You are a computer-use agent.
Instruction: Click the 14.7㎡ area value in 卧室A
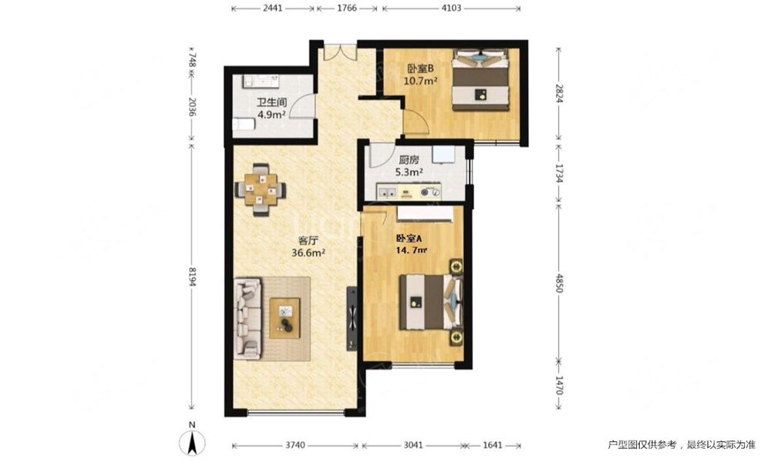412,250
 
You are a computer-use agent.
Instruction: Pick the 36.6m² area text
309,253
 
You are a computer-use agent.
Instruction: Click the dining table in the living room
260,189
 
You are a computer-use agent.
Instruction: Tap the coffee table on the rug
284,318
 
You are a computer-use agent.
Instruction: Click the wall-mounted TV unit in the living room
352,319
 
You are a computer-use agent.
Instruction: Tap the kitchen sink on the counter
386,192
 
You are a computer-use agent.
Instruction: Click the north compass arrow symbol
192,441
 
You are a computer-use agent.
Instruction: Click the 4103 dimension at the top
451,8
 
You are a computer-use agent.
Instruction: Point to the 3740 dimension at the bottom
295,445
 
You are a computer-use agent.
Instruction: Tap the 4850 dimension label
558,283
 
